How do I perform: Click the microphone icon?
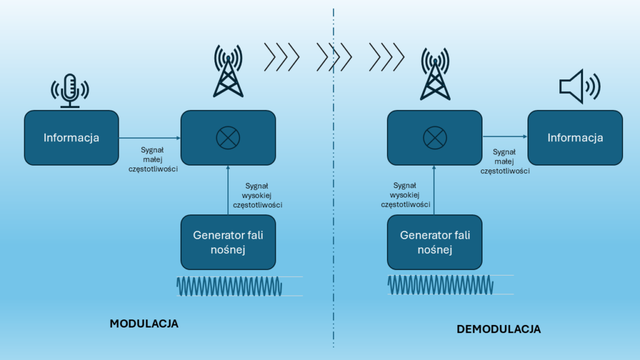coord(70,91)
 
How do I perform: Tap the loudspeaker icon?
coord(579,86)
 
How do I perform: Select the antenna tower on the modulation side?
coord(228,71)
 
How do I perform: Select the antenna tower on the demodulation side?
coord(435,74)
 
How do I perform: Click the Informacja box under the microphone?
coord(71,137)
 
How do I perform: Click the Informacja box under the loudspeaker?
coord(575,137)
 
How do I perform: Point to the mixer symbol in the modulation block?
coord(227,137)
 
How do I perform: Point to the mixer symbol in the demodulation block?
coord(435,137)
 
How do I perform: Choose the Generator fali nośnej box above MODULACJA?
coord(228,242)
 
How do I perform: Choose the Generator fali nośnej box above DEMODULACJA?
coord(435,242)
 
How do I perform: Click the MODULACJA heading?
coord(144,324)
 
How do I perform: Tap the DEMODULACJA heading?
coord(498,329)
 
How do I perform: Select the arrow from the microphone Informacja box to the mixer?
coord(150,138)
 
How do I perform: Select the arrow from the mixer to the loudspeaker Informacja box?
coord(505,137)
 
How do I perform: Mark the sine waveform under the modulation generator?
coord(229,286)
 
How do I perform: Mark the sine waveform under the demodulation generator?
coord(441,284)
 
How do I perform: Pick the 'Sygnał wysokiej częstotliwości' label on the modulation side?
coord(257,195)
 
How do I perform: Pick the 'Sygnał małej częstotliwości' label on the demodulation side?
coord(505,161)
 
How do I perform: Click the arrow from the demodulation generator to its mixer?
coord(434,190)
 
